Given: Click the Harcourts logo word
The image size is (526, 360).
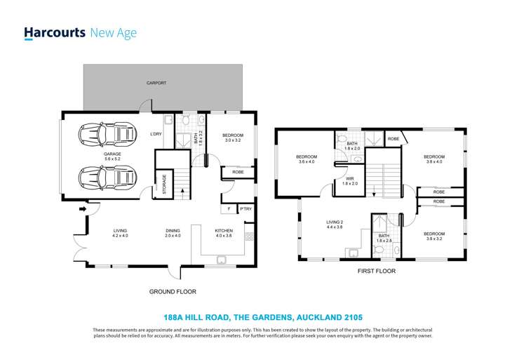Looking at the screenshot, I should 55,32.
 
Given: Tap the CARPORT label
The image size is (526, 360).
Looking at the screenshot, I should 156,83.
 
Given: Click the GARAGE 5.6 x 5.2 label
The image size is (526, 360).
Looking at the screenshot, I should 112,156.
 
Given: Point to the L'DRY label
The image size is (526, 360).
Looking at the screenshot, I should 157,134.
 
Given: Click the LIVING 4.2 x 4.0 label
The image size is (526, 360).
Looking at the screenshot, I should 120,233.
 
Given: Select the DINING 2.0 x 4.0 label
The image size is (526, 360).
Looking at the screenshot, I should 173,233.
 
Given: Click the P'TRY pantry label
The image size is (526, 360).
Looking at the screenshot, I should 245,209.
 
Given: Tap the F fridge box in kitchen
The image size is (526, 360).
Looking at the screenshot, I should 229,209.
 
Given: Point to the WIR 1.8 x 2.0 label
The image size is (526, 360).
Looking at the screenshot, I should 349,181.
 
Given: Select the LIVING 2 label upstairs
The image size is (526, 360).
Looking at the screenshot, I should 335,225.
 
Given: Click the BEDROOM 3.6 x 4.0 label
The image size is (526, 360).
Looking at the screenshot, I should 306,159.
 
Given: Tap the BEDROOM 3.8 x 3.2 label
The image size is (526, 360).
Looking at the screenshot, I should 433,236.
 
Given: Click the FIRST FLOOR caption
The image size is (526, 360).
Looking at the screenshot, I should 376,270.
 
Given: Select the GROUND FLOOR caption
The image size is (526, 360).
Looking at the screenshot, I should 173,291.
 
